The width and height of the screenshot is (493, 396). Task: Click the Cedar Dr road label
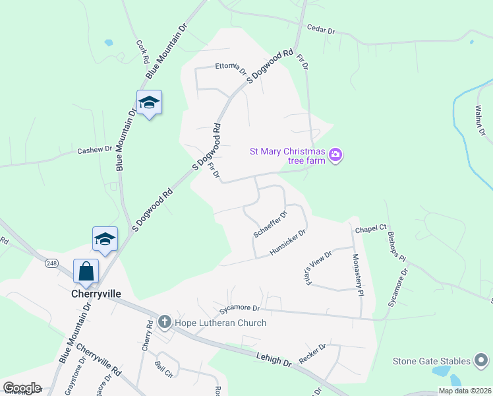pos(322,30)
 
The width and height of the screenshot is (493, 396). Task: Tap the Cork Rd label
pos(142,51)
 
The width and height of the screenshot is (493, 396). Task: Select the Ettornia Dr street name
pos(231,67)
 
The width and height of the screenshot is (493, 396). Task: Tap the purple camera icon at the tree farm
pos(336,155)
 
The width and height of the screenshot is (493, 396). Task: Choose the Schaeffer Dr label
pos(270,224)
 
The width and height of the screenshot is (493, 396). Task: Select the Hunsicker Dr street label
pos(288,242)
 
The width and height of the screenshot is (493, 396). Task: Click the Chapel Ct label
pos(370,229)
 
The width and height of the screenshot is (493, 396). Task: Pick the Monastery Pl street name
pos(357,275)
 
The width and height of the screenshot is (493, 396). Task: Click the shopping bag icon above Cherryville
pos(86,270)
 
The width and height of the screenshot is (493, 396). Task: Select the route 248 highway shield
pos(51,263)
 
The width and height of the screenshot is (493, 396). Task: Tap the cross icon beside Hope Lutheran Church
pos(165,323)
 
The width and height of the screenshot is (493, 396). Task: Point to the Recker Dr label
pos(312,354)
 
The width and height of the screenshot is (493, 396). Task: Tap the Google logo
pos(22,388)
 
